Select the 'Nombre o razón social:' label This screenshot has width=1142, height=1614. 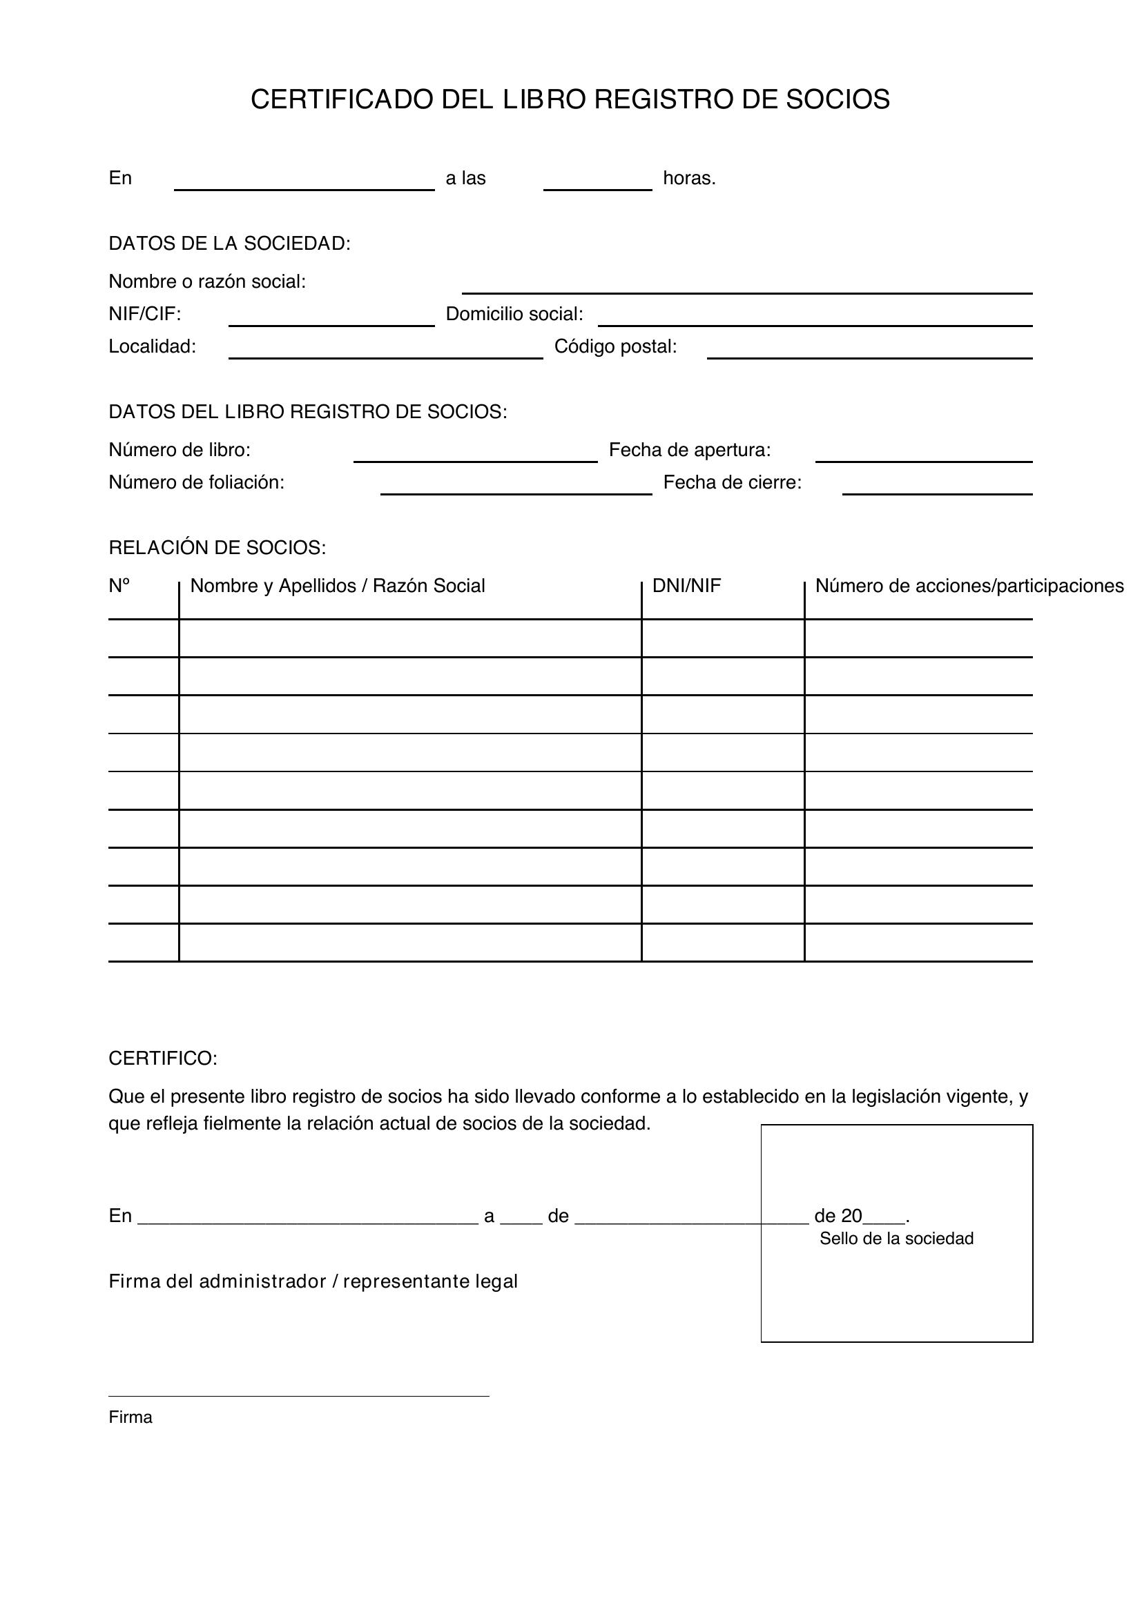(x=206, y=282)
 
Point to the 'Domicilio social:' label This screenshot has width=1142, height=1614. (x=514, y=314)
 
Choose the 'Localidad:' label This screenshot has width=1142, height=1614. (x=152, y=346)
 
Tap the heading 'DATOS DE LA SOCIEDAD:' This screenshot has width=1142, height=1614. (x=229, y=244)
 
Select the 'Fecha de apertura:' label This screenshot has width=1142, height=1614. (x=690, y=450)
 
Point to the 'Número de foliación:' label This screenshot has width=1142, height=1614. (x=196, y=482)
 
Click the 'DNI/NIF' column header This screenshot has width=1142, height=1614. (x=686, y=586)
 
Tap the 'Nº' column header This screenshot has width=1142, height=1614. (x=119, y=586)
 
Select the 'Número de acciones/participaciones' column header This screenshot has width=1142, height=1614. (x=969, y=586)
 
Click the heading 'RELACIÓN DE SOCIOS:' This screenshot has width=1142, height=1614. (x=217, y=548)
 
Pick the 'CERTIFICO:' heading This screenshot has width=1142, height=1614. (x=163, y=1059)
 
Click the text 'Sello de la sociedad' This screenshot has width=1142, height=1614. (x=896, y=1239)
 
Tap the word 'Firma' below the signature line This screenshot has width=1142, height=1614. (x=130, y=1417)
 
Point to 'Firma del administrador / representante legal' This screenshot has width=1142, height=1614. (x=313, y=1281)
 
